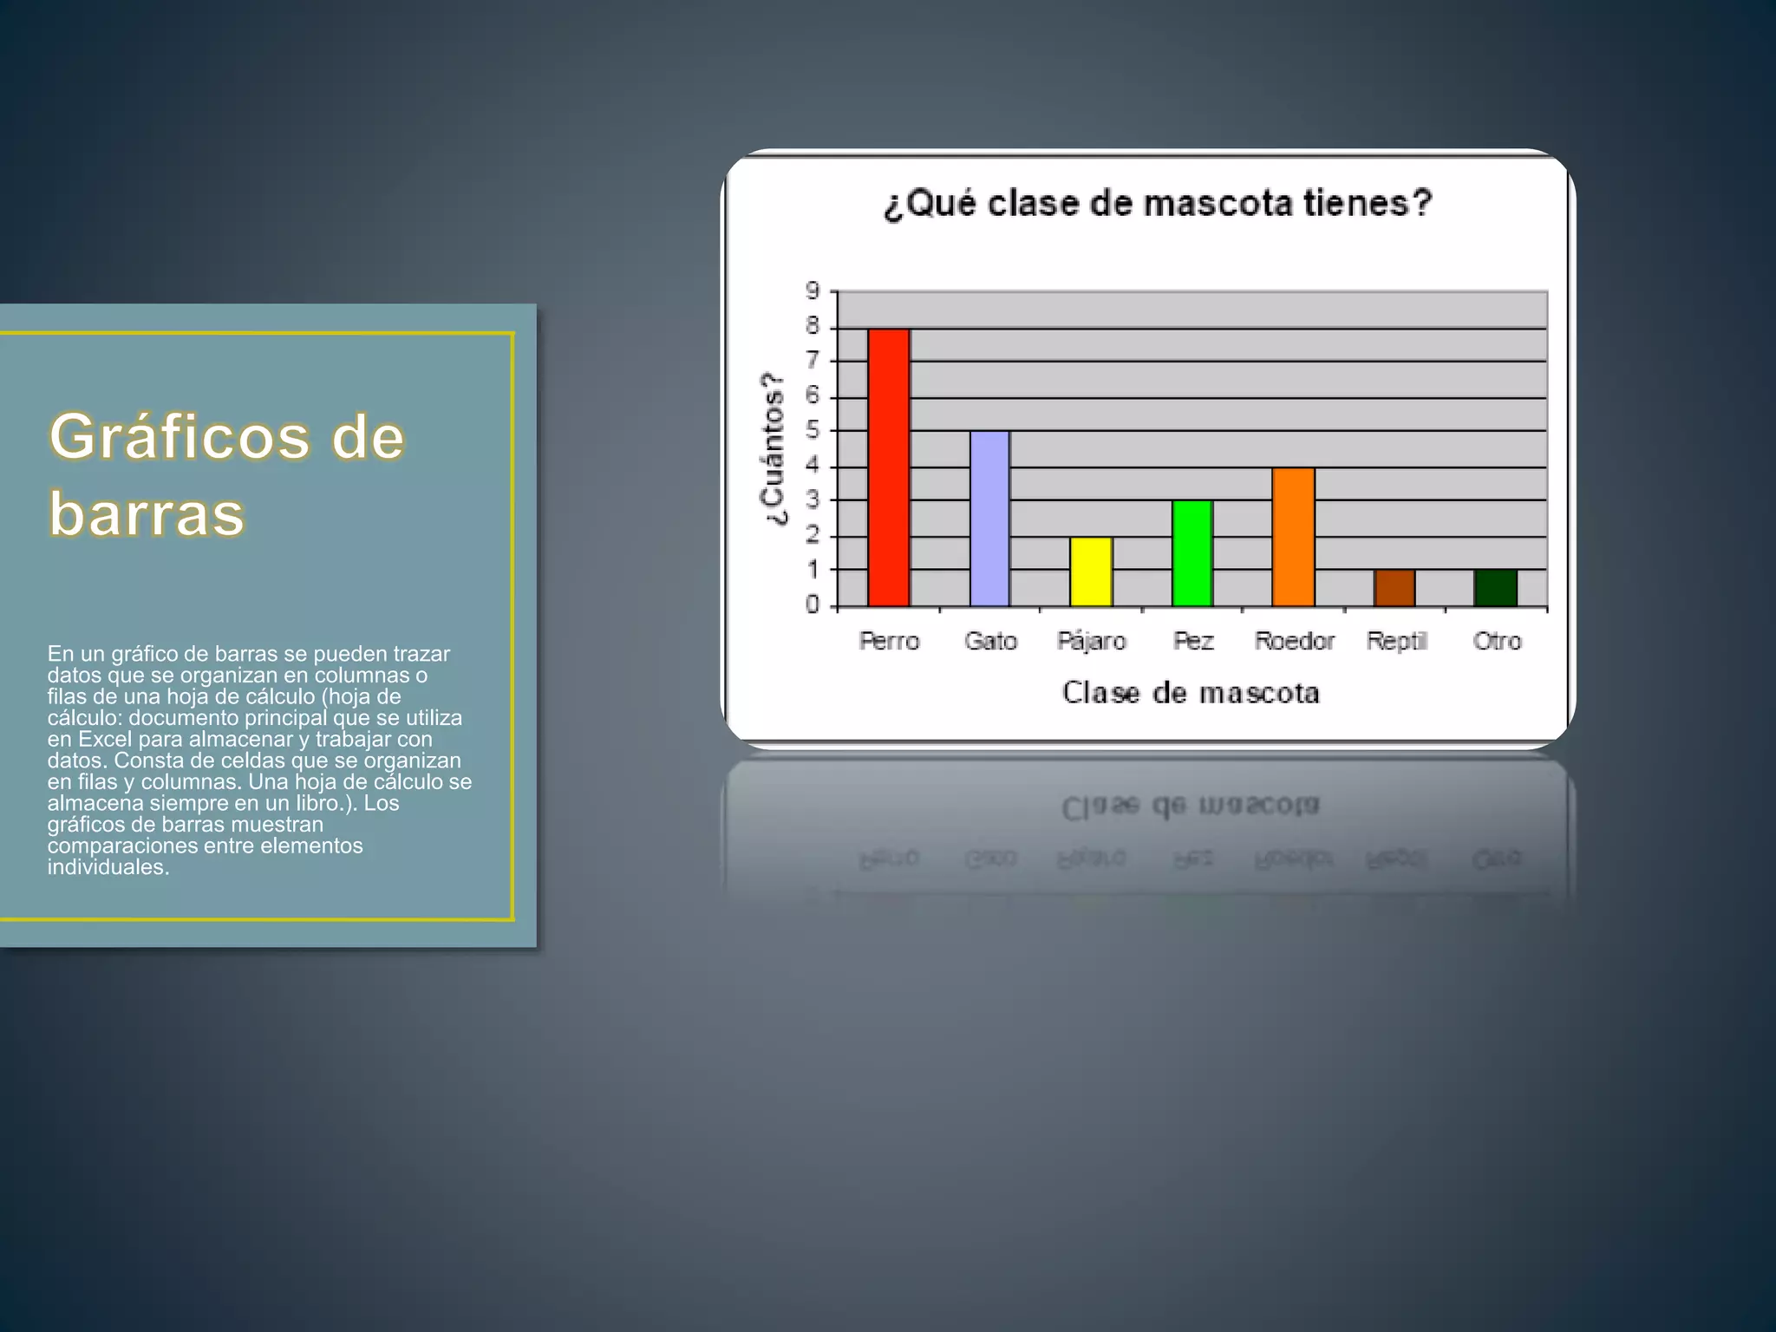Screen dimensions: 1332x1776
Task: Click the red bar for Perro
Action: (889, 467)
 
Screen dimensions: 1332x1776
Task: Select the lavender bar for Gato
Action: (989, 519)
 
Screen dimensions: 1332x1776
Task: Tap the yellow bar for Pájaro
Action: (1091, 571)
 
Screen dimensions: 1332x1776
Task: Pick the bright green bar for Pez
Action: (1192, 553)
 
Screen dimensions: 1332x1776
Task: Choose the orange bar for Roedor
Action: (1293, 537)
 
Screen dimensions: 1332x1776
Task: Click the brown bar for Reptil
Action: (1394, 588)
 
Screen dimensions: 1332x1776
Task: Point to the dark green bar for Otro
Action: (1496, 588)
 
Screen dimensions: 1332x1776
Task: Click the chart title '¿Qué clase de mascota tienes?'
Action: (1158, 204)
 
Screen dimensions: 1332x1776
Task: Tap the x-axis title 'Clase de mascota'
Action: (1191, 693)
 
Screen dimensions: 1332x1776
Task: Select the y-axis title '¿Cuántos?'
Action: (773, 449)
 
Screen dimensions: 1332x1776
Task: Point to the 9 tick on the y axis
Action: (813, 291)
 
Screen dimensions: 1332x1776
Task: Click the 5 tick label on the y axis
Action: (813, 430)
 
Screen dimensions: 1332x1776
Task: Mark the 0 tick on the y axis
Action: (813, 604)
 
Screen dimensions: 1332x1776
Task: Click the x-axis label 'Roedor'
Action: (1295, 641)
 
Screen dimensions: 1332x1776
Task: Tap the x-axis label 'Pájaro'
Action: (1091, 641)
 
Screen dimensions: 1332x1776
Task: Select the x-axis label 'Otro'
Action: (1497, 641)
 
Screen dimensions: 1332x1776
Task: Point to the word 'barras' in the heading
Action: (147, 513)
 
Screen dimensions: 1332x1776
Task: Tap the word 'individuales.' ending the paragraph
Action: (108, 867)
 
